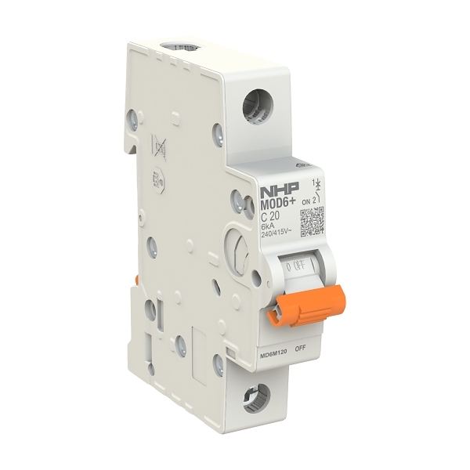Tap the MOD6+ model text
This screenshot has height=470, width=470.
pyautogui.click(x=277, y=205)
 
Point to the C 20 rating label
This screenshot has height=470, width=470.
pyautogui.click(x=270, y=217)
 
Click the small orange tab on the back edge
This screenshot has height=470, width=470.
pyautogui.click(x=136, y=280)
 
